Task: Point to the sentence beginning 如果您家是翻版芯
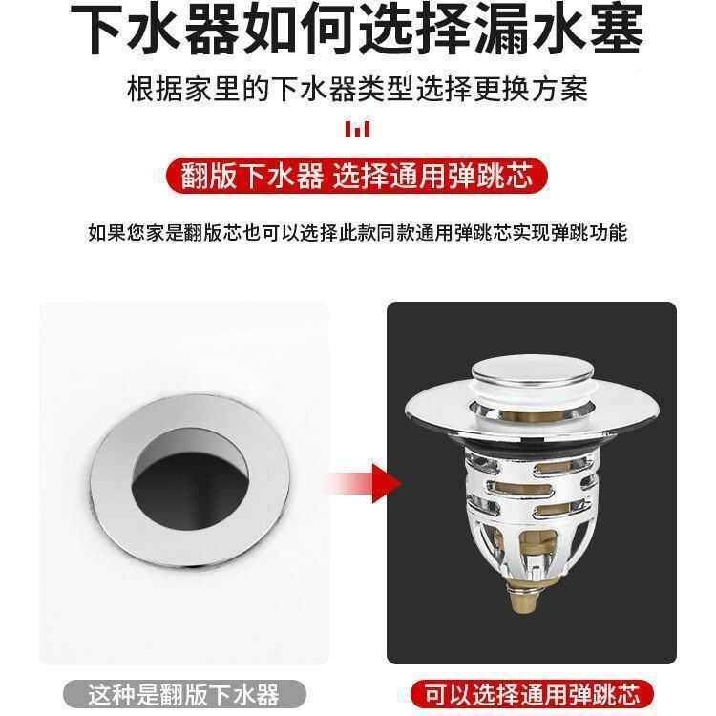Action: point(358,232)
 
